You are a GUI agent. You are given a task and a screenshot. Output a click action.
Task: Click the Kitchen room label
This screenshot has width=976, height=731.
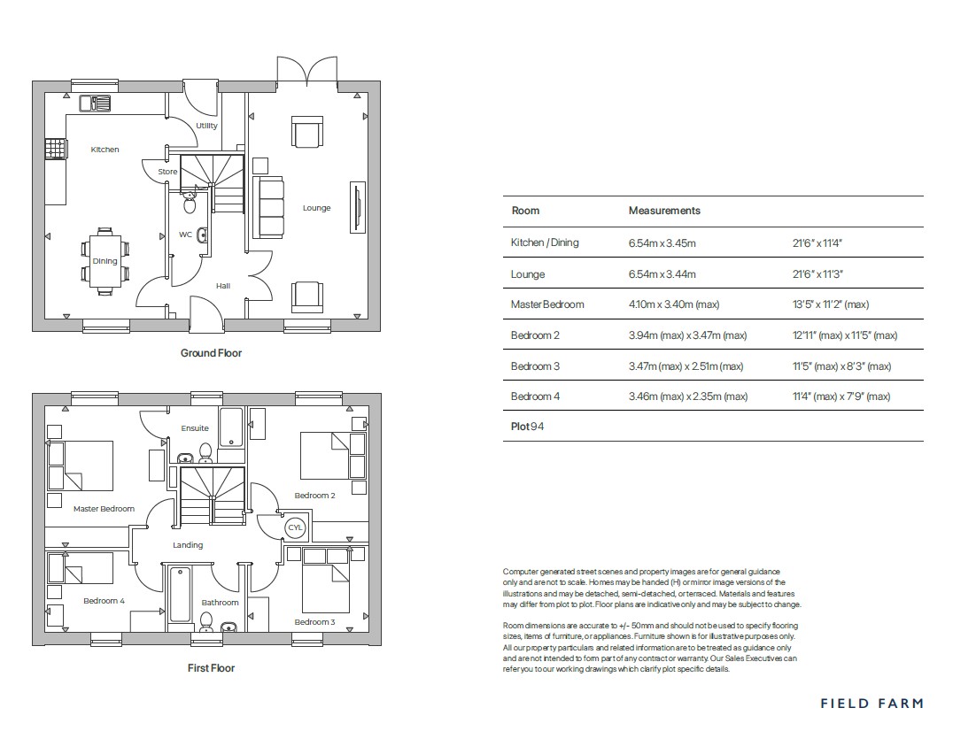[x=105, y=150]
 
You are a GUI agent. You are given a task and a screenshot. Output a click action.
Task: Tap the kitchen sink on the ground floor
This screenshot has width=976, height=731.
[x=95, y=104]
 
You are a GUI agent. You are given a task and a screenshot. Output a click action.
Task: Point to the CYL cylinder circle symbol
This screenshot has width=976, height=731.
[x=295, y=528]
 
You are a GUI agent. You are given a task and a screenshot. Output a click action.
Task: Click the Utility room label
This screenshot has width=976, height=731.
[x=206, y=126]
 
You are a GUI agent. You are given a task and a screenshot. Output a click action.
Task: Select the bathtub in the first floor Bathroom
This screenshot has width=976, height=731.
[x=180, y=594]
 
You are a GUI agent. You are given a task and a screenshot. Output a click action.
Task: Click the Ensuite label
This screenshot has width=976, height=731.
[x=195, y=428]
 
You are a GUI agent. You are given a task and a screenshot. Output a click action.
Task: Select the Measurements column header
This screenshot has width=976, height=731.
[x=663, y=211]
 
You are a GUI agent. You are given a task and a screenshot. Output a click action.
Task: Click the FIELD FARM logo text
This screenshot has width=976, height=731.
[x=871, y=704]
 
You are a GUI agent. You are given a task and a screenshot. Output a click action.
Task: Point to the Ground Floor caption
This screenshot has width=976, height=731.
[x=211, y=353]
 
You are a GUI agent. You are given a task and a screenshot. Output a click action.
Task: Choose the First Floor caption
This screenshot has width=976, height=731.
[x=211, y=668]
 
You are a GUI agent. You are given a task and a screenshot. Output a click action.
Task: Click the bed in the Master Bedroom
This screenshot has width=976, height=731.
[x=81, y=466]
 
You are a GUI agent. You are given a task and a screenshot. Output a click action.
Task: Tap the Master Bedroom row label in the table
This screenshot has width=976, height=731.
[x=547, y=304]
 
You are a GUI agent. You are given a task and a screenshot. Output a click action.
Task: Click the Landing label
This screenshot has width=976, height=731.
[x=188, y=545]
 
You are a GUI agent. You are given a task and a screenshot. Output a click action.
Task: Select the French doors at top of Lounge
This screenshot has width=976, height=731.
[x=306, y=71]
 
